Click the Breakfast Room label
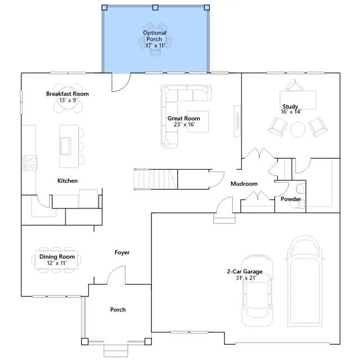coord(67,94)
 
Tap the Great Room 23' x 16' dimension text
coord(184,124)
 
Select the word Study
coord(290,106)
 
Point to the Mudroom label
coord(244,184)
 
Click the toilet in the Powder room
coord(300,189)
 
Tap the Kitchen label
coord(67,181)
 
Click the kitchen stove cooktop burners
coord(30,163)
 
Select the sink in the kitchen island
coord(65,146)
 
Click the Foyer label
coord(122,253)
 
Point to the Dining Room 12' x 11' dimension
coord(57,263)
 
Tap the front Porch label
coord(118,310)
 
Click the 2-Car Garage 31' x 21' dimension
coord(246,278)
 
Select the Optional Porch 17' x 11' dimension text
coord(155,46)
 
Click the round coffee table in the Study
coord(298,129)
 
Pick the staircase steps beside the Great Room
coord(156,179)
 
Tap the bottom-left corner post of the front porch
coord(85,341)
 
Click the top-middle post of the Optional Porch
coord(155,7)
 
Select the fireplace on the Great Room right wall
coord(237,121)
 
